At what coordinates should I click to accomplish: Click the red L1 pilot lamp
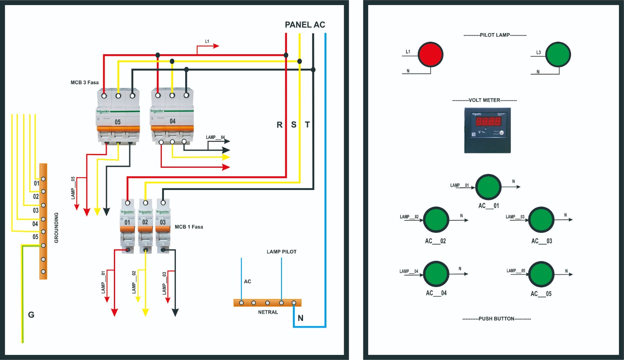(x=431, y=55)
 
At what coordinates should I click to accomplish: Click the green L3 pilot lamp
(x=558, y=55)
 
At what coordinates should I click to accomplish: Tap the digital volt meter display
(x=487, y=130)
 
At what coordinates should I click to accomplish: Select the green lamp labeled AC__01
(x=488, y=187)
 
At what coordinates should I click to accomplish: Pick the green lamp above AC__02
(x=436, y=220)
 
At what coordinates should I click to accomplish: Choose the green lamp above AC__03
(x=541, y=220)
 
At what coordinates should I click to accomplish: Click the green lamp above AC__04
(x=436, y=274)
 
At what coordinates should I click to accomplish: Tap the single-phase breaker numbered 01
(x=128, y=226)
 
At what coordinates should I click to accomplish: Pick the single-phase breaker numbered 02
(x=145, y=226)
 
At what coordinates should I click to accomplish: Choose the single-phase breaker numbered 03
(x=163, y=226)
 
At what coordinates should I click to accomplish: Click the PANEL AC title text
(x=305, y=25)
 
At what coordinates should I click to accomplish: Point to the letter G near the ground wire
(x=31, y=315)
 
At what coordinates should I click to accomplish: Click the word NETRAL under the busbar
(x=268, y=312)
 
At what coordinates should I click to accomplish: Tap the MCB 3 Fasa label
(x=85, y=83)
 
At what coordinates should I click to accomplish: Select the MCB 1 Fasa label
(x=189, y=227)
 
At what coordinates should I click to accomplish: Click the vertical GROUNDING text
(x=57, y=228)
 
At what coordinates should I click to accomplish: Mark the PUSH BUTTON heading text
(x=496, y=319)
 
